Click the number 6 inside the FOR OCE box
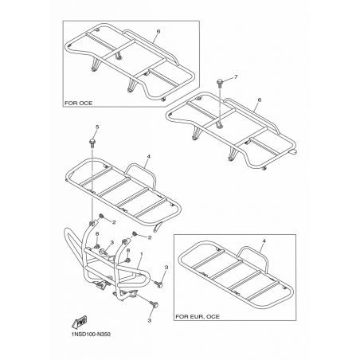click(158, 31)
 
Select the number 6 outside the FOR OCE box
click(260, 100)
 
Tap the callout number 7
click(236, 77)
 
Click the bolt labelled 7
click(220, 82)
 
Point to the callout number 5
click(97, 127)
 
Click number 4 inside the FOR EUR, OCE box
click(264, 241)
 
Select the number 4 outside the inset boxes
click(148, 157)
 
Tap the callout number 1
click(142, 254)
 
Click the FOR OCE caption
click(79, 103)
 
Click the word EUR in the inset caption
click(197, 316)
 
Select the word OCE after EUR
click(213, 316)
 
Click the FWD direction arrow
click(79, 322)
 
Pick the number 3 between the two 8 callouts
click(112, 242)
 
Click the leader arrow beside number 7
click(229, 79)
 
